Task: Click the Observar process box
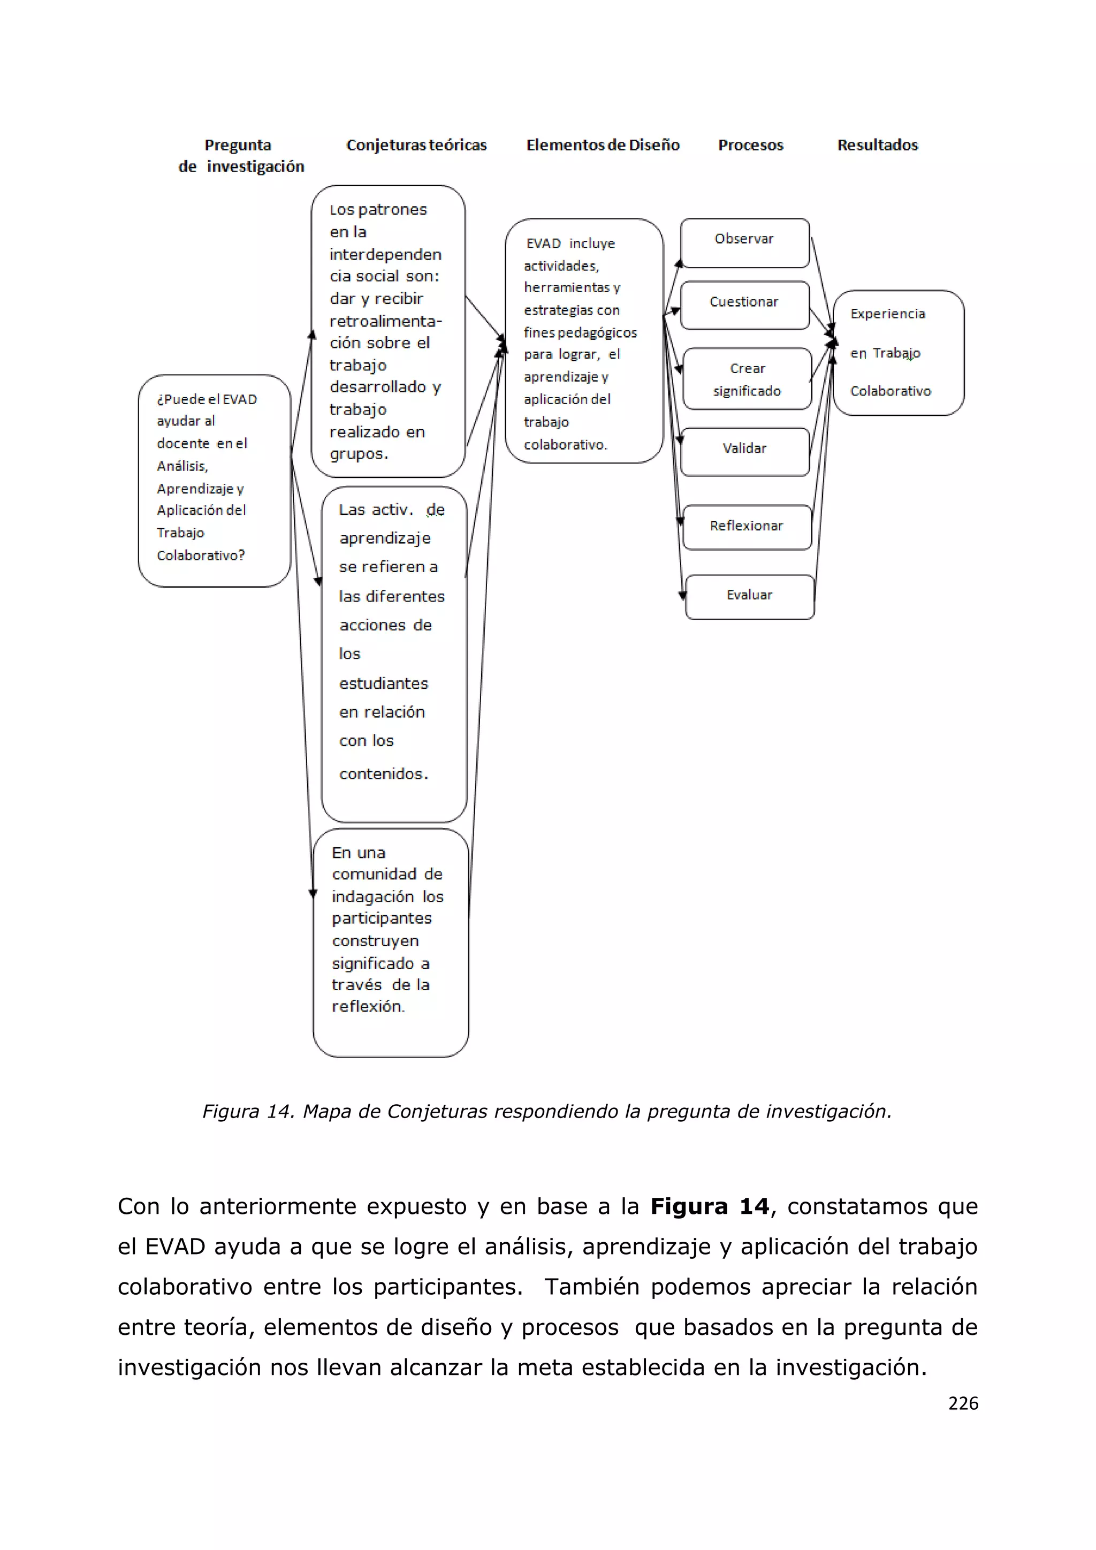pos(744,242)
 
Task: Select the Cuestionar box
pos(744,305)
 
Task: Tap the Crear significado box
pos(747,379)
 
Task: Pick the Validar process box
pos(744,451)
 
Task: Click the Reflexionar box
pos(747,527)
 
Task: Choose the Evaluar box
pos(749,597)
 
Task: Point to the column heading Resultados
pos(877,145)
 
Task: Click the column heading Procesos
pos(750,145)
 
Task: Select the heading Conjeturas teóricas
pos(416,145)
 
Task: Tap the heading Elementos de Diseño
pos(603,145)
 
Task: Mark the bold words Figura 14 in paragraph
pos(709,1206)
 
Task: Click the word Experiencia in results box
pos(887,314)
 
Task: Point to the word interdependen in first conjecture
pos(385,255)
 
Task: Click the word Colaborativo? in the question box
pos(201,556)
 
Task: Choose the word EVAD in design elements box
pos(543,244)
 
